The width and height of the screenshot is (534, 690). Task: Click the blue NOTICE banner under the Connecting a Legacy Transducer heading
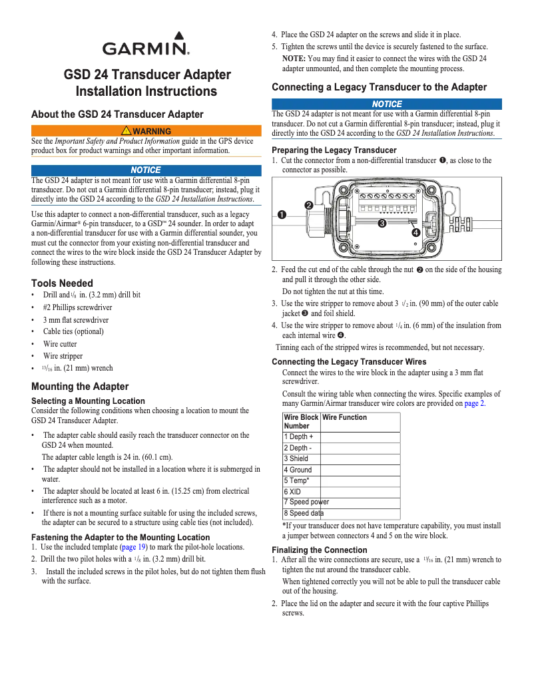[x=387, y=104]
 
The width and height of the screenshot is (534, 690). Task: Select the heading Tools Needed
[x=63, y=283]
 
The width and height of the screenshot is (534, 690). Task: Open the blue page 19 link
[x=135, y=546]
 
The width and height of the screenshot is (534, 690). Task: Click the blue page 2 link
[x=475, y=403]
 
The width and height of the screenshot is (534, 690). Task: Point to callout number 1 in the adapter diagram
[x=282, y=214]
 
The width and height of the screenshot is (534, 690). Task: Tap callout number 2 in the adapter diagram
[x=309, y=205]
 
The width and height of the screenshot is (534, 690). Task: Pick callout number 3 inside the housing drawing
[x=382, y=223]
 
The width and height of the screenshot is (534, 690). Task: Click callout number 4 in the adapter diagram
[x=415, y=232]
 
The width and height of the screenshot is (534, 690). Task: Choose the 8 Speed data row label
[x=304, y=514]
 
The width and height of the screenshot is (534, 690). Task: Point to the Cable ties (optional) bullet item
[x=73, y=331]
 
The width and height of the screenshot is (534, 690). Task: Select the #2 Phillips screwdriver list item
[x=77, y=307]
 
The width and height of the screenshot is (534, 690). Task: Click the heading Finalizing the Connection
[x=320, y=550]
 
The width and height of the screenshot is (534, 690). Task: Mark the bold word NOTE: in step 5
[x=294, y=59]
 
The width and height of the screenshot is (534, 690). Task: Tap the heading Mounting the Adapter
[x=80, y=387]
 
